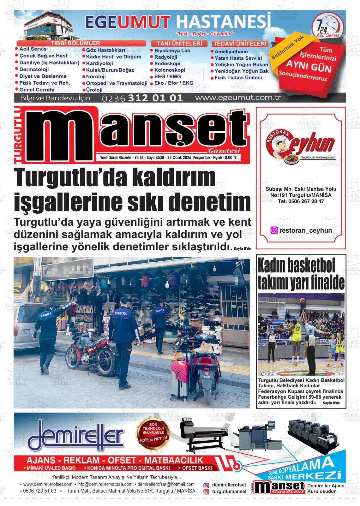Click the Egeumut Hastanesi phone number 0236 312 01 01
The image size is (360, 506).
tap(142, 98)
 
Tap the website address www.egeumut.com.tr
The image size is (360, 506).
tap(238, 98)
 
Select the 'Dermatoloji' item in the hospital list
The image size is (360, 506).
tap(34, 69)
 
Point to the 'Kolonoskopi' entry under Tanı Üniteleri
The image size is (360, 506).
tap(170, 70)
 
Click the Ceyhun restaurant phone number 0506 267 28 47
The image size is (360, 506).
tap(301, 201)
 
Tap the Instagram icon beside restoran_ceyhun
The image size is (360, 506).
tap(274, 230)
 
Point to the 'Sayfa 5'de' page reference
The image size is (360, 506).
tap(242, 249)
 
